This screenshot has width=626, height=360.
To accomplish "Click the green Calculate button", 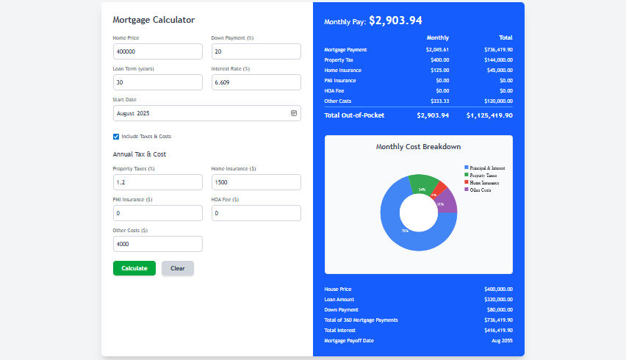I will click(x=134, y=268).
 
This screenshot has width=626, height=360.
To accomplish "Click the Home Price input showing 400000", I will click(x=157, y=51).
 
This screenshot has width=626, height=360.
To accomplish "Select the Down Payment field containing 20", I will click(x=256, y=51).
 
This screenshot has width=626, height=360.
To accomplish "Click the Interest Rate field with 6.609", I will click(x=256, y=82).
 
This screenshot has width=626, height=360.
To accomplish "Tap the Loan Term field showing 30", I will click(x=157, y=82).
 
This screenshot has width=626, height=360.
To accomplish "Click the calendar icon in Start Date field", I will click(x=293, y=113).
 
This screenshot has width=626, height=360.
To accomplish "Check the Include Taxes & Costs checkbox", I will click(x=116, y=137).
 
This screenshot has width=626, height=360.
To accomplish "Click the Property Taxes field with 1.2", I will click(x=157, y=182).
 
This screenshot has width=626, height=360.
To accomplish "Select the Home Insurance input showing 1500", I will click(x=256, y=182).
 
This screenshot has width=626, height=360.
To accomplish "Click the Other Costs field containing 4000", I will click(x=157, y=244).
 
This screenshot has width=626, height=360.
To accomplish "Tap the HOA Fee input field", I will click(x=256, y=213).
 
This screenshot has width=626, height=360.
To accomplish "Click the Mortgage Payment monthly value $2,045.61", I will click(x=437, y=50).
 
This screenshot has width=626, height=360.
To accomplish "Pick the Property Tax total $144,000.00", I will click(x=498, y=60).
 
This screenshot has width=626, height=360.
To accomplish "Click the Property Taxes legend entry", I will click(x=483, y=176).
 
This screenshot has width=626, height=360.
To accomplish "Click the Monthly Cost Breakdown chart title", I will click(x=418, y=147).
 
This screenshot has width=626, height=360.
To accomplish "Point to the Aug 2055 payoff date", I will click(x=502, y=341).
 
